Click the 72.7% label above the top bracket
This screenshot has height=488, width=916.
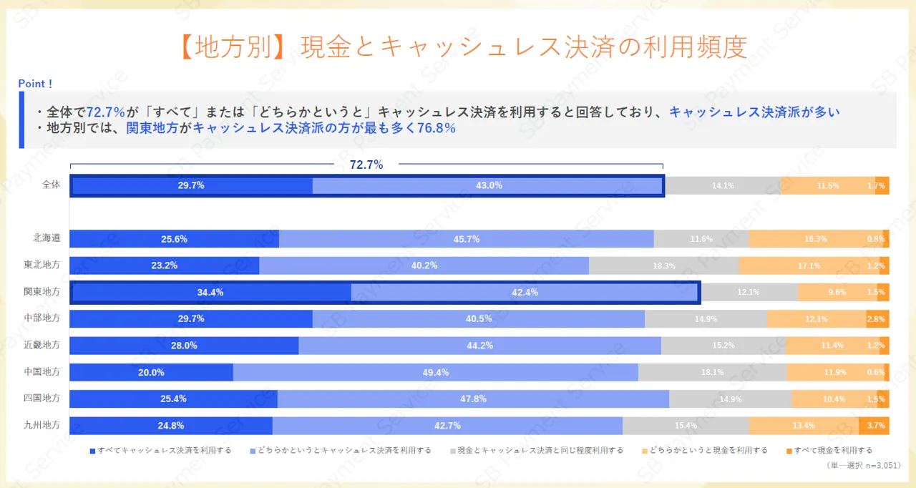coord(366,165)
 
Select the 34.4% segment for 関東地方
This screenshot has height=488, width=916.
coord(210,292)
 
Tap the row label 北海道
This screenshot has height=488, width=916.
coord(47,238)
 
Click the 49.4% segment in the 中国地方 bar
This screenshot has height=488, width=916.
coord(436,372)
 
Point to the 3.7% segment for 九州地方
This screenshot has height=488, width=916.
coord(874,425)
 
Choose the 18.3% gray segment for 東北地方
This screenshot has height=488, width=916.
coord(663,265)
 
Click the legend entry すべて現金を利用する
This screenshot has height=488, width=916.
coord(831,451)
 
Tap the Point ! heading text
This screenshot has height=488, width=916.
coord(35,84)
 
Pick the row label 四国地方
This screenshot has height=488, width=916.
coord(42,398)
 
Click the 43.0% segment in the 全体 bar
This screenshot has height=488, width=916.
coord(489,185)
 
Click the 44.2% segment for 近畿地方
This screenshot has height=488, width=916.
coord(479,346)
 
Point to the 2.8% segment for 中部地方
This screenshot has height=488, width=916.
coord(877,319)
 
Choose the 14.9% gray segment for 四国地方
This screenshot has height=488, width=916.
coord(730,399)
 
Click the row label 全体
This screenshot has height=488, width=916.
coord(51,185)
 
